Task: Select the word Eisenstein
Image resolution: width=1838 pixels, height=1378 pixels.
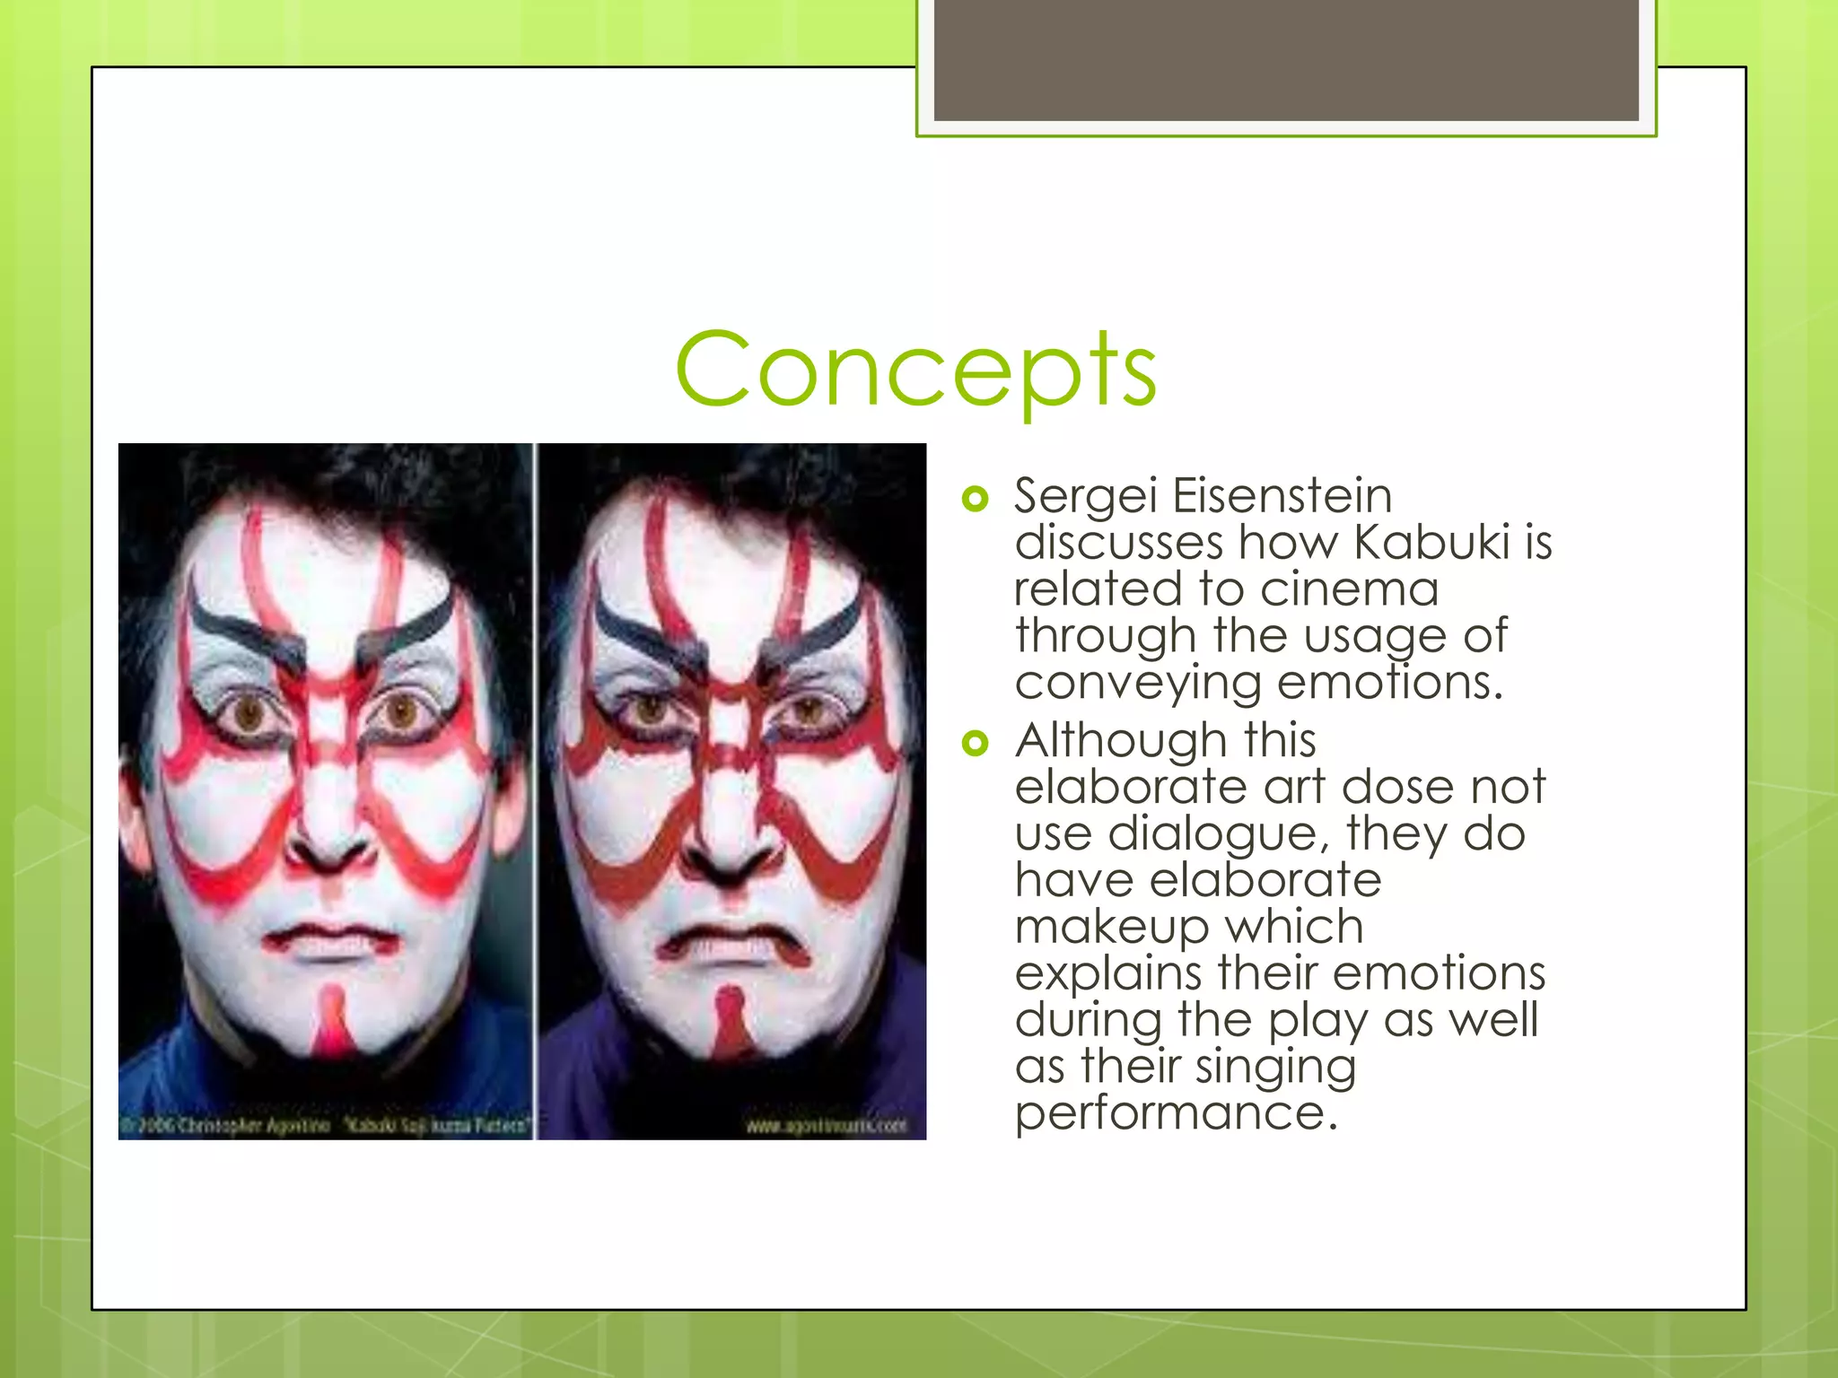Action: tap(1282, 496)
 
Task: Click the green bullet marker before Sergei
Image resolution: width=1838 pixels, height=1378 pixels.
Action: tap(975, 499)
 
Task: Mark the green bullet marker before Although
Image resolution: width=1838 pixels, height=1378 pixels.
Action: tap(975, 743)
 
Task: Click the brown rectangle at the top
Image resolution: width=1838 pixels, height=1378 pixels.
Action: tap(1285, 59)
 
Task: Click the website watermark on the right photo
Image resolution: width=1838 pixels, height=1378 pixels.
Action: tap(826, 1125)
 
